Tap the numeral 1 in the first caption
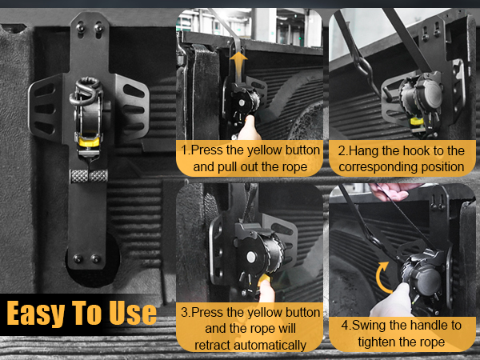pyautogui.click(x=184, y=150)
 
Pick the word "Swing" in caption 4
pyautogui.click(x=369, y=326)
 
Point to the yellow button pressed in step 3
pyautogui.click(x=265, y=279)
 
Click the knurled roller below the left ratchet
pyautogui.click(x=89, y=176)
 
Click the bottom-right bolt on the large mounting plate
pyautogui.click(x=96, y=258)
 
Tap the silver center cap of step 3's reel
pyautogui.click(x=251, y=257)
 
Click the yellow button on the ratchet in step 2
pyautogui.click(x=415, y=122)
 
